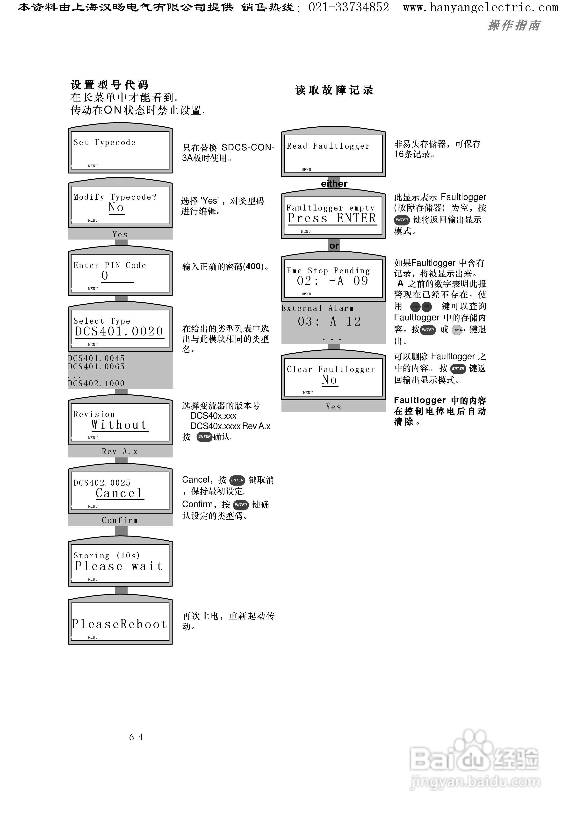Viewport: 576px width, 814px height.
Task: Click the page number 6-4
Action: pyautogui.click(x=136, y=737)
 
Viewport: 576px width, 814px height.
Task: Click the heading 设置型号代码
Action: pyautogui.click(x=110, y=85)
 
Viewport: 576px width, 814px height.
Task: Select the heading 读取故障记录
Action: pyautogui.click(x=334, y=90)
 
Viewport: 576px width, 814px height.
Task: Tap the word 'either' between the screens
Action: pyautogui.click(x=334, y=183)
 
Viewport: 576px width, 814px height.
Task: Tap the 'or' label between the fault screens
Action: pyautogui.click(x=334, y=246)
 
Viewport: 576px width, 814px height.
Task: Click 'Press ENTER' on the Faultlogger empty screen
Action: pyautogui.click(x=332, y=218)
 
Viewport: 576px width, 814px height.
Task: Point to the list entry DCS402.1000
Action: pyautogui.click(x=96, y=383)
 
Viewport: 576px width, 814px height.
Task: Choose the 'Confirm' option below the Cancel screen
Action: pyautogui.click(x=120, y=520)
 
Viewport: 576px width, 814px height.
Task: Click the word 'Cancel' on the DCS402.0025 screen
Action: pyautogui.click(x=119, y=493)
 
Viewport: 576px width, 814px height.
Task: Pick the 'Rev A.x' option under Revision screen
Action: pyautogui.click(x=120, y=451)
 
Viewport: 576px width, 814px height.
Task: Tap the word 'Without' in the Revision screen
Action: pyautogui.click(x=119, y=425)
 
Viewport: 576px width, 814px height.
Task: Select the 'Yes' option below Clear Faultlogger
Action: pyautogui.click(x=333, y=407)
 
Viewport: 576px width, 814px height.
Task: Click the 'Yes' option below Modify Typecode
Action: pyautogui.click(x=120, y=234)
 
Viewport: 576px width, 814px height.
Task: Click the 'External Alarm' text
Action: pyautogui.click(x=317, y=308)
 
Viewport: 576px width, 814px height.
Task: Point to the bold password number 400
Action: pyautogui.click(x=253, y=266)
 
